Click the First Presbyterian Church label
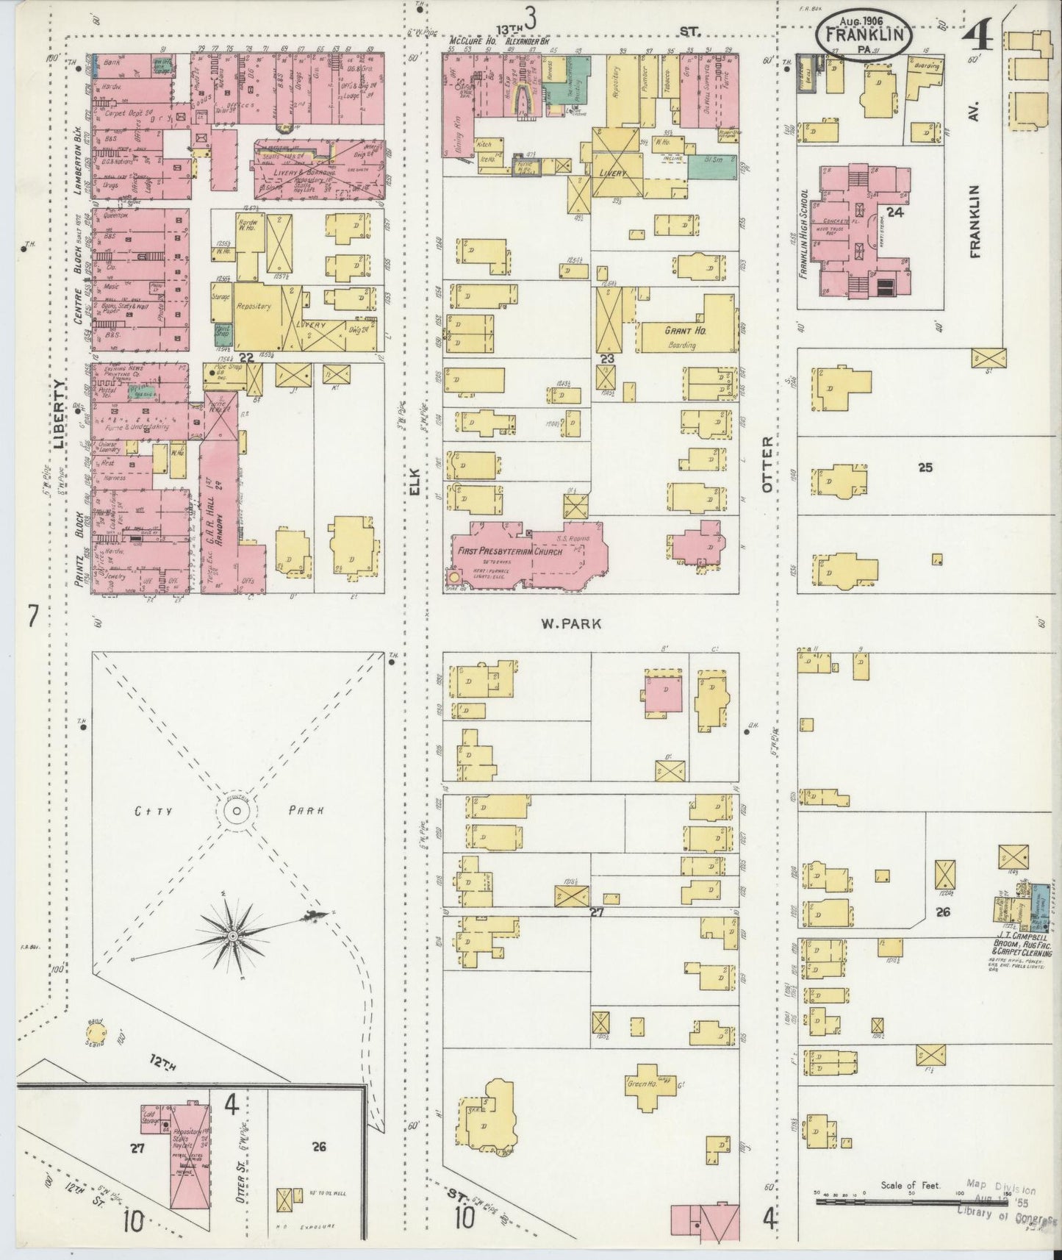(509, 552)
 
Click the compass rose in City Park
(233, 935)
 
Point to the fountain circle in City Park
(235, 812)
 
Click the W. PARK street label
(571, 624)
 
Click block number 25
(925, 466)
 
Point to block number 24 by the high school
(894, 212)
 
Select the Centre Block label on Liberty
(79, 276)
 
